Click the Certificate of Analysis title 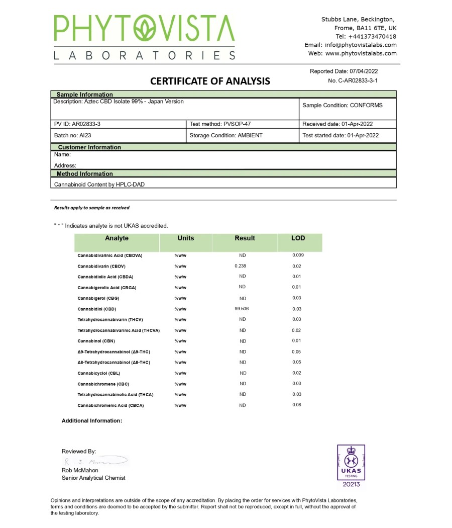click(x=210, y=81)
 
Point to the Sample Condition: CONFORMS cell click(x=343, y=106)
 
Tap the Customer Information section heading click(x=89, y=147)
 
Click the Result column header click(x=245, y=238)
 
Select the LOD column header click(x=298, y=238)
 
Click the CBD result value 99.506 click(x=242, y=309)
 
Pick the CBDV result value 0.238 click(x=241, y=266)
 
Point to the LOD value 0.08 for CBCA click(x=297, y=405)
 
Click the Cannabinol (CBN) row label click(x=96, y=341)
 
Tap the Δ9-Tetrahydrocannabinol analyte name click(x=114, y=352)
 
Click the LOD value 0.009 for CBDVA click(x=298, y=255)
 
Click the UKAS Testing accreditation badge click(x=351, y=465)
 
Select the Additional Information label click(x=92, y=420)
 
